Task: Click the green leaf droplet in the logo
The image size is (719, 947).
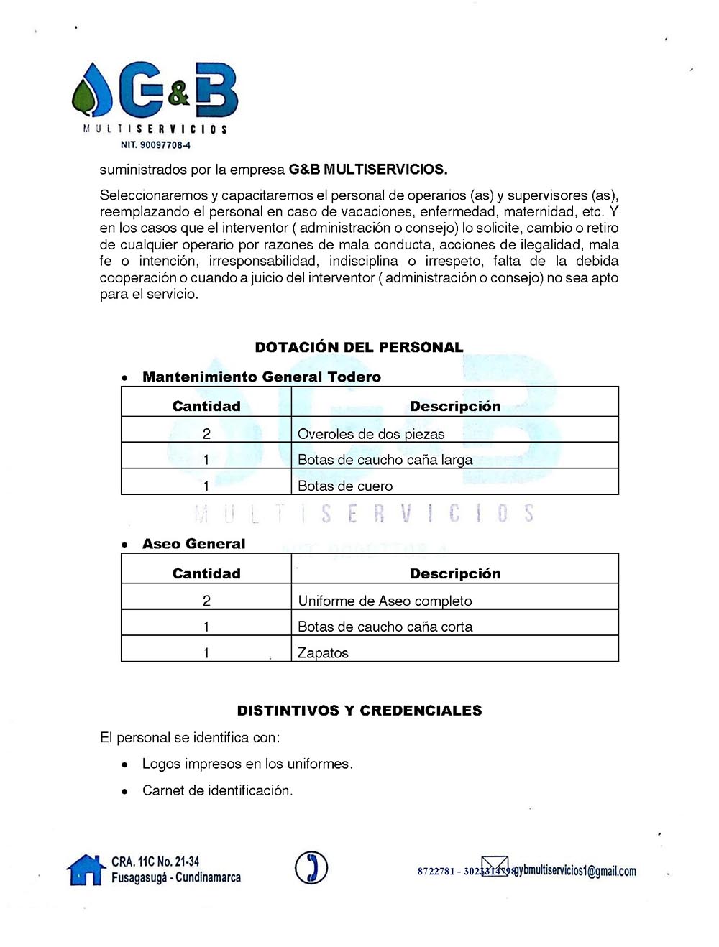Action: pos(87,97)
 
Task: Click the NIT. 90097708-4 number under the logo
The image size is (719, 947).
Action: pos(155,145)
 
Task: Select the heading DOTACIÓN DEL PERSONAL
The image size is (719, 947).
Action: pos(359,348)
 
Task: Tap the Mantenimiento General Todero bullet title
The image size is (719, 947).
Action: pos(262,377)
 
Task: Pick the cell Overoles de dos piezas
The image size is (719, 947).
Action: pos(371,434)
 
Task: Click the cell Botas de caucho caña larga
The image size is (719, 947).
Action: pos(385,460)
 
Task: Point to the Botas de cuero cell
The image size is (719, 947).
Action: pos(345,486)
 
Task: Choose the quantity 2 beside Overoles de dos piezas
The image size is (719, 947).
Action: pos(206,434)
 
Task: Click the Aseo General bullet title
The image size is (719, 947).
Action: pos(193,544)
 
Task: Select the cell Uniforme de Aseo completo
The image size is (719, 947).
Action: pos(385,601)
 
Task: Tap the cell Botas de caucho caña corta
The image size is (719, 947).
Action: pos(385,627)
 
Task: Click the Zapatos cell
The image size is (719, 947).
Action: pos(323,653)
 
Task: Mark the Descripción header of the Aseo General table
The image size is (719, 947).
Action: pos(454,573)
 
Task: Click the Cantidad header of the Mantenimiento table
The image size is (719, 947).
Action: pos(206,406)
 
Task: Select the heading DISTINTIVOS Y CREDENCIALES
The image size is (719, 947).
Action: pos(359,711)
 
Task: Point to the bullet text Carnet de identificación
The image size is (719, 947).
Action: pos(217,790)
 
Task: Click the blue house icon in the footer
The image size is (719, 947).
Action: pos(86,869)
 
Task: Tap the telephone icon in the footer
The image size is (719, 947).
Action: pos(311,867)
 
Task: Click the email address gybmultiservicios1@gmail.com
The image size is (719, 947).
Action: pos(574,871)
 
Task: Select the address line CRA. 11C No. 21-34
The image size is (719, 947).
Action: pos(155,861)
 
